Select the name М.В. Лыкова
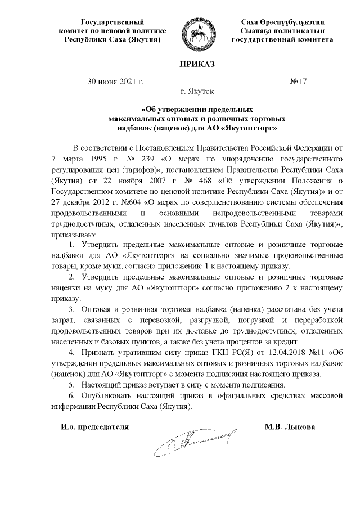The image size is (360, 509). [290, 426]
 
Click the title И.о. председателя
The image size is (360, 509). [95, 426]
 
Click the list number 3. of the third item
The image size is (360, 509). [71, 310]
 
